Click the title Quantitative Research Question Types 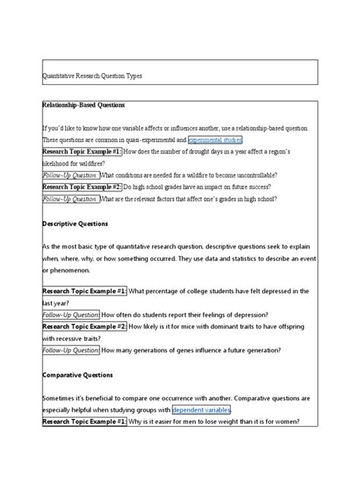coord(91,77)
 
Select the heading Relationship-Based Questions coord(84,104)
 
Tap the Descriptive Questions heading coord(75,224)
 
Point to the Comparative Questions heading coord(77,374)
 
